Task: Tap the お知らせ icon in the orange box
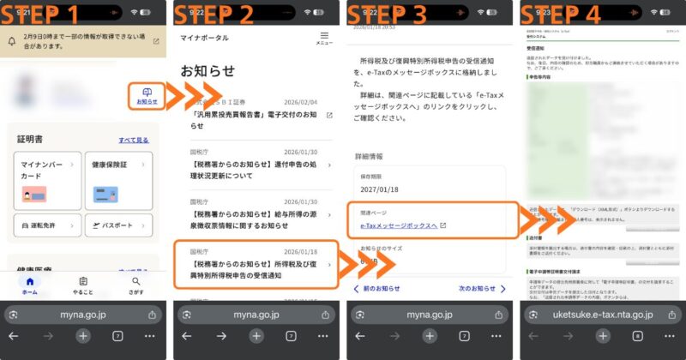tap(147, 96)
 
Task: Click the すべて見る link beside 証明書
tap(133, 141)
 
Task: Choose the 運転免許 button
tap(47, 225)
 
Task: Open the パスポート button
tap(118, 225)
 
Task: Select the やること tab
tap(83, 285)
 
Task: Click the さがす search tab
tap(136, 285)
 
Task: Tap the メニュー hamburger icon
tap(324, 38)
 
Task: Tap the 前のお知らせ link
tap(377, 289)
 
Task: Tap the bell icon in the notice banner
tap(13, 41)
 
